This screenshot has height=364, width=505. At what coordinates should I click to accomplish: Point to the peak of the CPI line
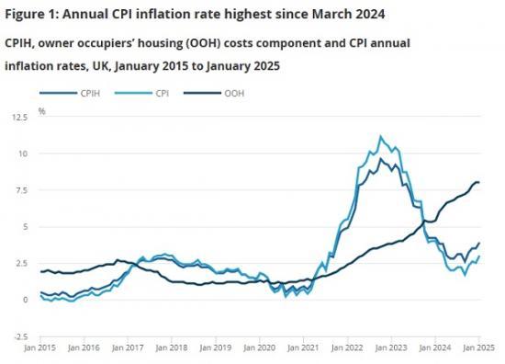(380, 137)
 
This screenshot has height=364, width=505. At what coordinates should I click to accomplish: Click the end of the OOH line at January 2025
(479, 182)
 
